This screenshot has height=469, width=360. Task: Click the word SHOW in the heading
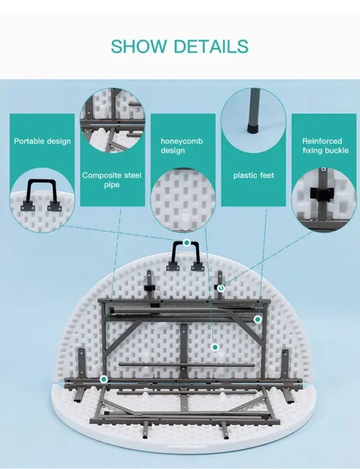point(139,46)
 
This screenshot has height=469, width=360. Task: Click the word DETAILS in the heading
point(211,46)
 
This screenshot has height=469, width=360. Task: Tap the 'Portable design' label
point(42,141)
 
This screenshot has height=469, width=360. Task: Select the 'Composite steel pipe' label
point(112,180)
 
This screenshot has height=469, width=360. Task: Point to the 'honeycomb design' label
point(182,146)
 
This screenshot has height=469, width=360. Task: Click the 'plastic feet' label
point(253,175)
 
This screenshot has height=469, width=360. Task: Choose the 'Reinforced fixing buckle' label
point(325,146)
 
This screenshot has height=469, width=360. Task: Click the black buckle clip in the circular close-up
point(322,194)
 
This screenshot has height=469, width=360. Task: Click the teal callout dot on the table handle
point(187,242)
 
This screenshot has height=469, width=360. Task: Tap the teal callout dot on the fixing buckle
point(221,288)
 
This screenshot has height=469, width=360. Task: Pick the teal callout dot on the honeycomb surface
point(215,347)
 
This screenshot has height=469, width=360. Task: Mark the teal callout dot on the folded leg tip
point(257,319)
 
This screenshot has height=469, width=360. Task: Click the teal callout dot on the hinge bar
point(104,380)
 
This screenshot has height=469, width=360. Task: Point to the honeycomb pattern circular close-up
point(183,200)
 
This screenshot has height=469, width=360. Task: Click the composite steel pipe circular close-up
point(113,121)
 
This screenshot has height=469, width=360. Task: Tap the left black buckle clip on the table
point(150,288)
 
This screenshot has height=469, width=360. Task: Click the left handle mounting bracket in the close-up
point(27,205)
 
